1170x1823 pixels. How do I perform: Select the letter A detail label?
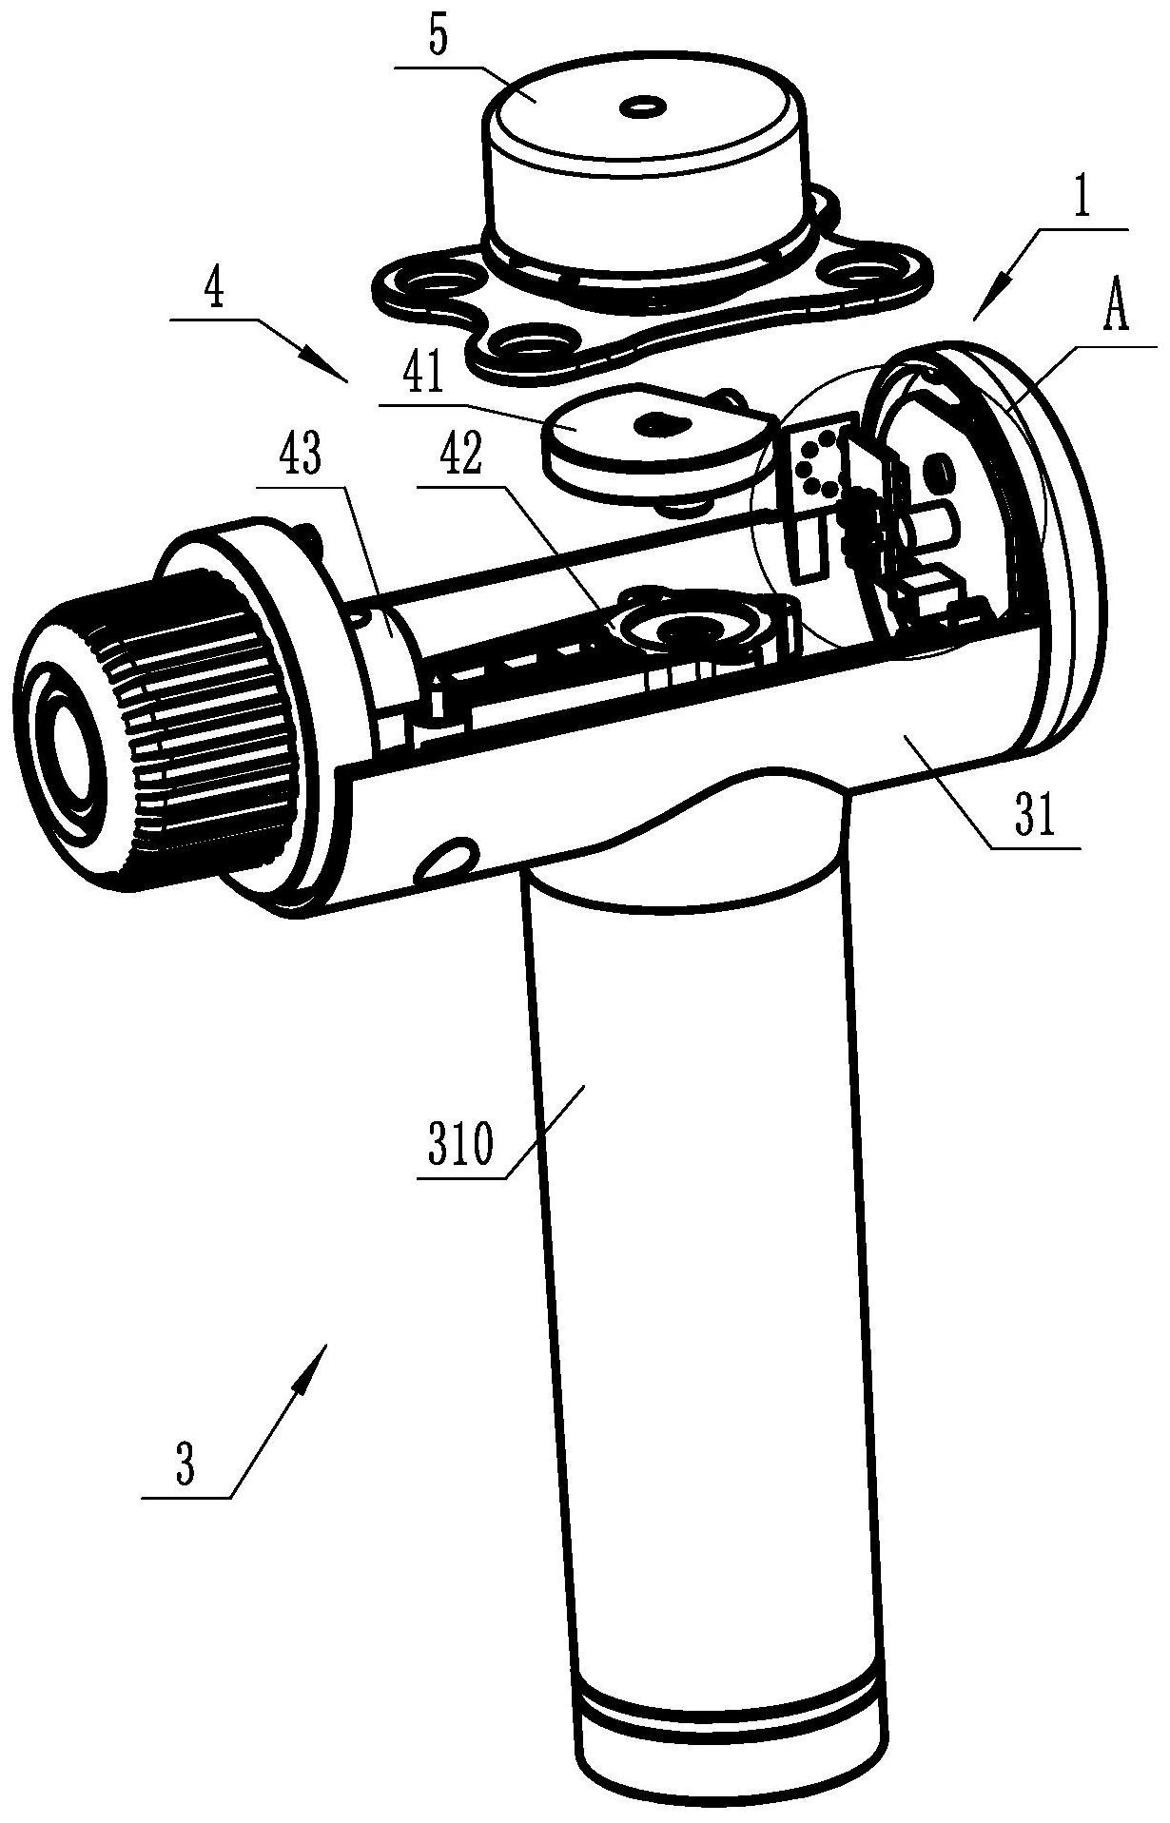click(1115, 312)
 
